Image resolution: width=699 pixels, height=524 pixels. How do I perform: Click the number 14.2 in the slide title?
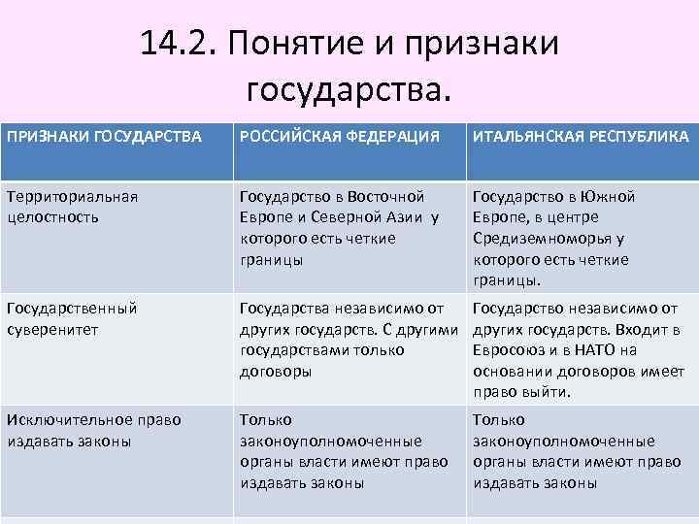click(x=171, y=45)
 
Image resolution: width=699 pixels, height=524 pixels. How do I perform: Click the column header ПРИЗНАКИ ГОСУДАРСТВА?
click(x=104, y=136)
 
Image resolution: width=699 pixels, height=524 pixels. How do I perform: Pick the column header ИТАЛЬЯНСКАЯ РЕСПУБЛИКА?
click(x=581, y=136)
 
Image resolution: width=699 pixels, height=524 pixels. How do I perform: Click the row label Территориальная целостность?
click(x=72, y=206)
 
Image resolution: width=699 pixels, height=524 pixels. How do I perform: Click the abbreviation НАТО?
click(x=593, y=351)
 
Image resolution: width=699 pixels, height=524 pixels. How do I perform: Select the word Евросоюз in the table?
click(x=511, y=351)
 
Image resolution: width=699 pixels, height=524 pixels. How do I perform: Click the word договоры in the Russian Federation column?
click(x=276, y=372)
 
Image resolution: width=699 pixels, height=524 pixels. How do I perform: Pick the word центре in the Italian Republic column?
click(x=573, y=217)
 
